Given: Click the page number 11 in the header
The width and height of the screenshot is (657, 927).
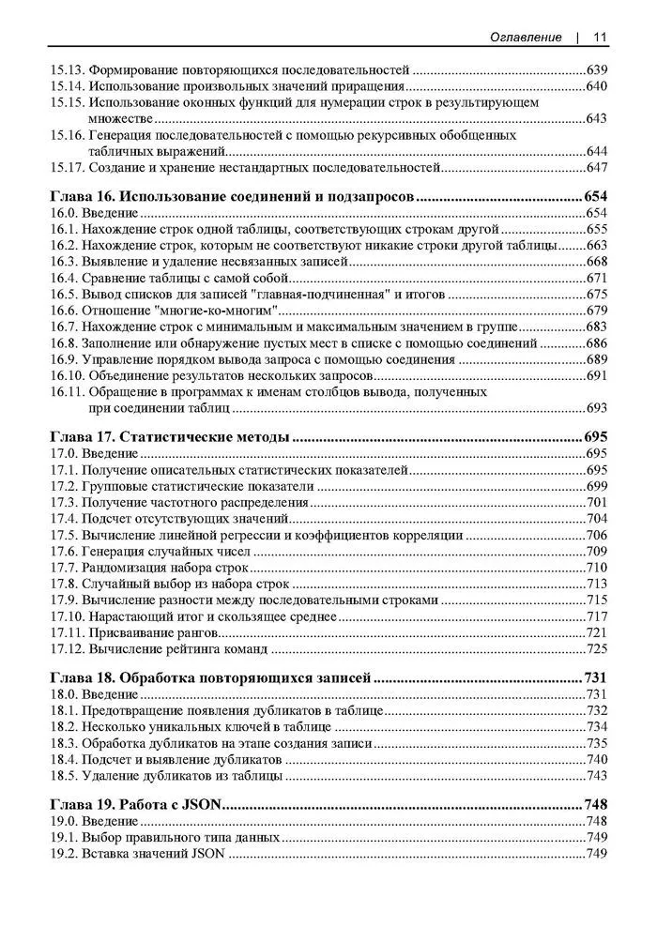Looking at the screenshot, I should tap(599, 38).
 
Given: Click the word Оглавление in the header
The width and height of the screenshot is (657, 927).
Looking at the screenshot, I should tap(526, 38).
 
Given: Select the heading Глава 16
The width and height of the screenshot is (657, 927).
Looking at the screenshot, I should tap(81, 197).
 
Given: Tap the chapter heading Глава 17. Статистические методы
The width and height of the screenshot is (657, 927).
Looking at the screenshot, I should tap(168, 436).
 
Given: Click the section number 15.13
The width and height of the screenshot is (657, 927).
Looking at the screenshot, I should tap(66, 70).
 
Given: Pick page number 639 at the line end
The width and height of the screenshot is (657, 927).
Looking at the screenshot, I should tap(596, 70).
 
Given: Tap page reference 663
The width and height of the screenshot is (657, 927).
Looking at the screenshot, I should tap(596, 246).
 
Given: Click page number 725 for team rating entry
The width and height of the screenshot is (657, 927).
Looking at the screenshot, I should tap(596, 648).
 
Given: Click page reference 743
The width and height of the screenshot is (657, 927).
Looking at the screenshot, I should tap(596, 776).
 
